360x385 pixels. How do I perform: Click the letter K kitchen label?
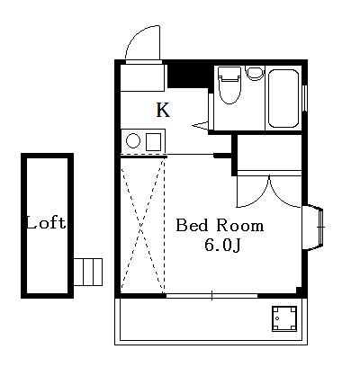(x=163, y=111)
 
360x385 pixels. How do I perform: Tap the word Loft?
(x=45, y=223)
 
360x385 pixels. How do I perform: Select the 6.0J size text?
(x=221, y=245)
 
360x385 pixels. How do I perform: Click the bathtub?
(x=284, y=96)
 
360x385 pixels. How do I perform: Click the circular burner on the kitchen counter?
(x=133, y=141)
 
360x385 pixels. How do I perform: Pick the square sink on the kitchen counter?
(x=152, y=141)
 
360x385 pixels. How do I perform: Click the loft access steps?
(x=88, y=270)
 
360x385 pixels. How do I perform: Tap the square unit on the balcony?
(x=284, y=318)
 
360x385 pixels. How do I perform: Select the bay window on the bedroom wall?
(x=316, y=228)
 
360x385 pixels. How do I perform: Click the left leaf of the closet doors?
(x=253, y=191)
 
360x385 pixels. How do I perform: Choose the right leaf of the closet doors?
(x=285, y=191)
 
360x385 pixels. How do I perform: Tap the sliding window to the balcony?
(x=211, y=294)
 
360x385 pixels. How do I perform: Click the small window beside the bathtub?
(x=306, y=96)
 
